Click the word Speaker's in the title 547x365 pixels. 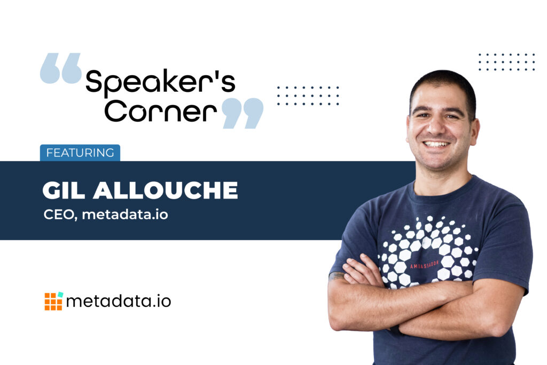(x=160, y=82)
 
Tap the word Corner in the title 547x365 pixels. (x=161, y=111)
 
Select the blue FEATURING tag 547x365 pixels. (x=80, y=153)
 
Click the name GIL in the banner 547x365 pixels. (x=64, y=191)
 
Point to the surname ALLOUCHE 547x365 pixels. (x=166, y=191)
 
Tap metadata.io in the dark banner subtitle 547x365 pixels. (x=125, y=215)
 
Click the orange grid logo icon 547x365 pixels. (x=53, y=301)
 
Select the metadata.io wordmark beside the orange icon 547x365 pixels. (x=119, y=301)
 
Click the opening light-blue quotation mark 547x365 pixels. (x=61, y=68)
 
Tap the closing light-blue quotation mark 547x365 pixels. (x=243, y=113)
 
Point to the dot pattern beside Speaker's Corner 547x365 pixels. (x=308, y=96)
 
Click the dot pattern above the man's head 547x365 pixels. (x=506, y=62)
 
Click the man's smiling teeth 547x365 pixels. (x=436, y=144)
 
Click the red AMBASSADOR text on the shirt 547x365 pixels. (x=424, y=265)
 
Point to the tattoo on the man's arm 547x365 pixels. (x=337, y=276)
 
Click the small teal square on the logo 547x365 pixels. (x=61, y=295)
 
